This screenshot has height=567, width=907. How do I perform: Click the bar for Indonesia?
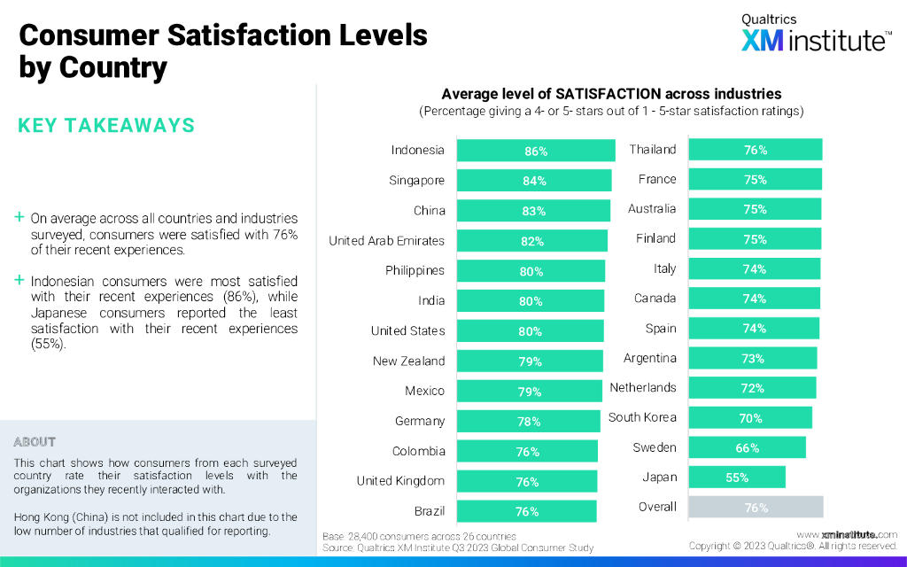[535, 151]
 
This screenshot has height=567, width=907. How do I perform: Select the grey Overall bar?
[756, 507]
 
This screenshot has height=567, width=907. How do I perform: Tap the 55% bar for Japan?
[736, 478]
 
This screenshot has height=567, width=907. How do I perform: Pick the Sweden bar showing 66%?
[747, 447]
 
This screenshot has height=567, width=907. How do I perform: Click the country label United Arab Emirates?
[386, 241]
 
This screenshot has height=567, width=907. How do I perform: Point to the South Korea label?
[642, 417]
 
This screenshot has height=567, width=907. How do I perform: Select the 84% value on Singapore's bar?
[534, 181]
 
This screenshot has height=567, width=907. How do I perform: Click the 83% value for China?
[533, 211]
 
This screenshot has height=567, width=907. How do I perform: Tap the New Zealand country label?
[408, 361]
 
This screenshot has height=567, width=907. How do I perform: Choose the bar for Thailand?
[755, 150]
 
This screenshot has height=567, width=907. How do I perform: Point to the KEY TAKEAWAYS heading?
[106, 126]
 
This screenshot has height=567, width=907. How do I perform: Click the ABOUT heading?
[35, 442]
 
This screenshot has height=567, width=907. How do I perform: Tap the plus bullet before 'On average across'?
[19, 217]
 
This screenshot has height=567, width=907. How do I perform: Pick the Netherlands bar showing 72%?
[752, 388]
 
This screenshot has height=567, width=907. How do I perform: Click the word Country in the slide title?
[113, 67]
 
